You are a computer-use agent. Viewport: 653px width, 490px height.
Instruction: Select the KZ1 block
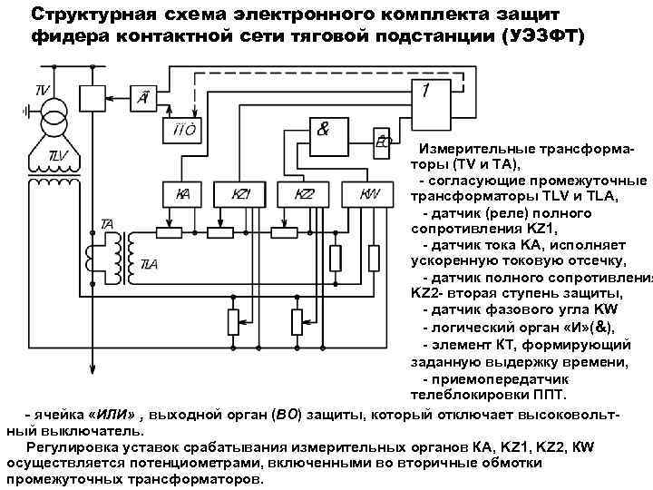240,195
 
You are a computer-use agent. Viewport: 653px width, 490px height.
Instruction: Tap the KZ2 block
306,195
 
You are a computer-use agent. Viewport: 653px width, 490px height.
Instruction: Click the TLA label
149,263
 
